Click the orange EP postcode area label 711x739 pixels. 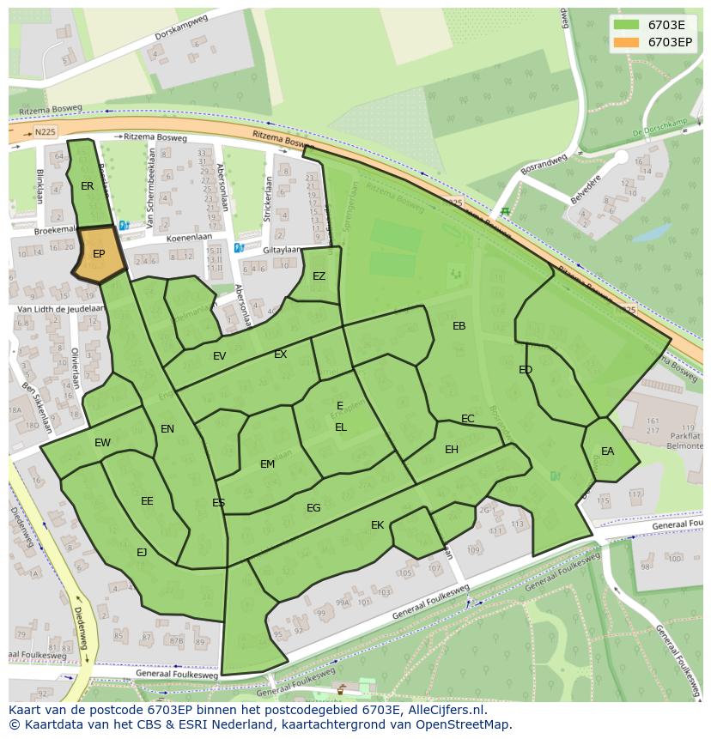99,254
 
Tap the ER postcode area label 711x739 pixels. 88,186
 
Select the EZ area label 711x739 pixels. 319,276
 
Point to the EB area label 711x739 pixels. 459,326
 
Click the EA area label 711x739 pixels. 607,451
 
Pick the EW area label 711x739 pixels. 102,443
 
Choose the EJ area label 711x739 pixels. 142,553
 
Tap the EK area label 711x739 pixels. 377,525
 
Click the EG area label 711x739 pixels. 313,508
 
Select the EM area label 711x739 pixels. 267,464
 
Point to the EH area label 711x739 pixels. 452,450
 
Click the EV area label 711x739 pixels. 219,356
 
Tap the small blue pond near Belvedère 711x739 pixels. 650,233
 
